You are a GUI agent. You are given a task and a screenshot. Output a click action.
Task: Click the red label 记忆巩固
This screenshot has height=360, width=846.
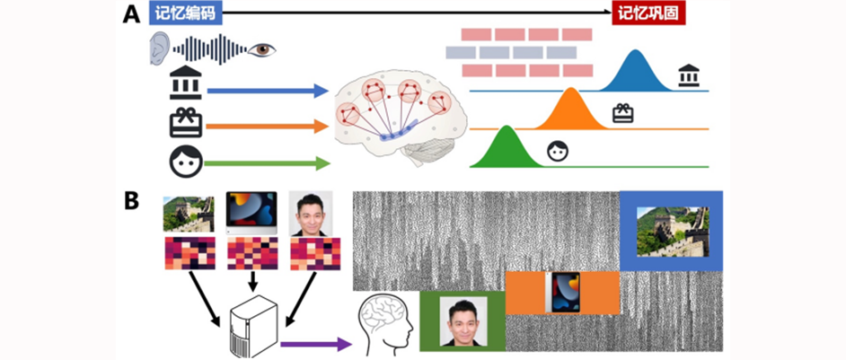pos(639,12)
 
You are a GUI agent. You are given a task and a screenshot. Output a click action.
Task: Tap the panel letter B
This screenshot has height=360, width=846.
pos(131,199)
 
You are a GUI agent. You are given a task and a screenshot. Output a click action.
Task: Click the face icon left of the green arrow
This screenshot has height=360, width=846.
pos(186,161)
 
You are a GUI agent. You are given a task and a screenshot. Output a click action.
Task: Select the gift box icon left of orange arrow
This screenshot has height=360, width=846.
pos(186,123)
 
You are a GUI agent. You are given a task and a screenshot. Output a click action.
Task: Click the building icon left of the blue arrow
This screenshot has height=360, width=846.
pos(186,83)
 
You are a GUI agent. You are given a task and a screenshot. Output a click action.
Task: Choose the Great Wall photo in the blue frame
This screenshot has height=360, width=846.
pos(672,232)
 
